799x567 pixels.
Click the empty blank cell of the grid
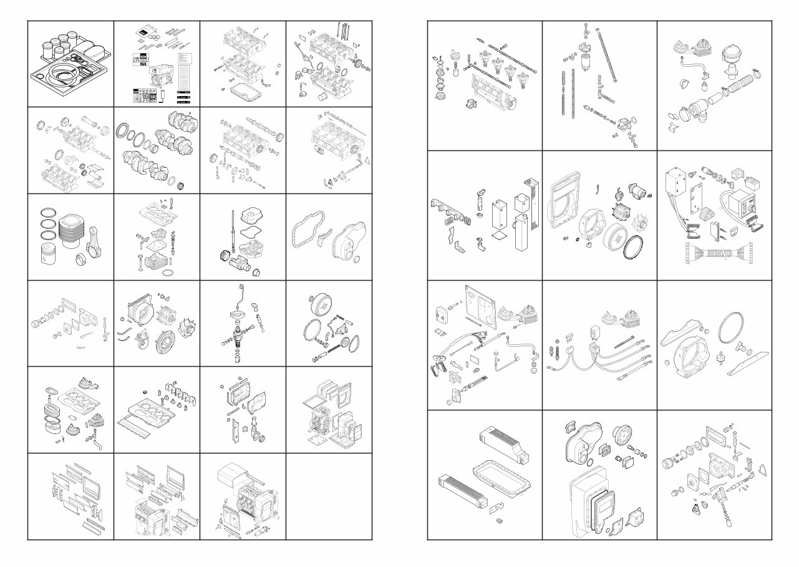coord(329,496)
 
